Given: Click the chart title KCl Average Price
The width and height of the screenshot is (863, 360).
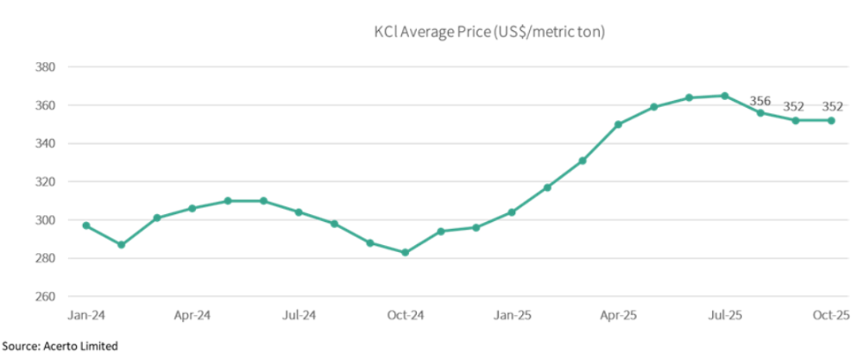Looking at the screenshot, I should click(x=488, y=33).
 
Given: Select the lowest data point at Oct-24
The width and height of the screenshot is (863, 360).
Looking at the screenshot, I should click(x=405, y=252).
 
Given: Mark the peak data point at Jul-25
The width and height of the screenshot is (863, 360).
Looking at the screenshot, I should click(x=725, y=96).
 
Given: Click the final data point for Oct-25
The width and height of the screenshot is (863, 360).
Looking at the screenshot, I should click(x=831, y=121).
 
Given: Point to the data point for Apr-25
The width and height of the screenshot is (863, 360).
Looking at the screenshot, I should click(x=618, y=124).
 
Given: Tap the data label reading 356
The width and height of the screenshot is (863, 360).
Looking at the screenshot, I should click(x=760, y=101).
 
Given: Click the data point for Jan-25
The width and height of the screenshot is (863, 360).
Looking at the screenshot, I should click(x=512, y=212).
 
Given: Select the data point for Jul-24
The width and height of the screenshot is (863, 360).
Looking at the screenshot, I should click(x=299, y=212).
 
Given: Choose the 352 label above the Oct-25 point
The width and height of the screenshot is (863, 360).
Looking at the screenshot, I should click(x=832, y=106).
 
